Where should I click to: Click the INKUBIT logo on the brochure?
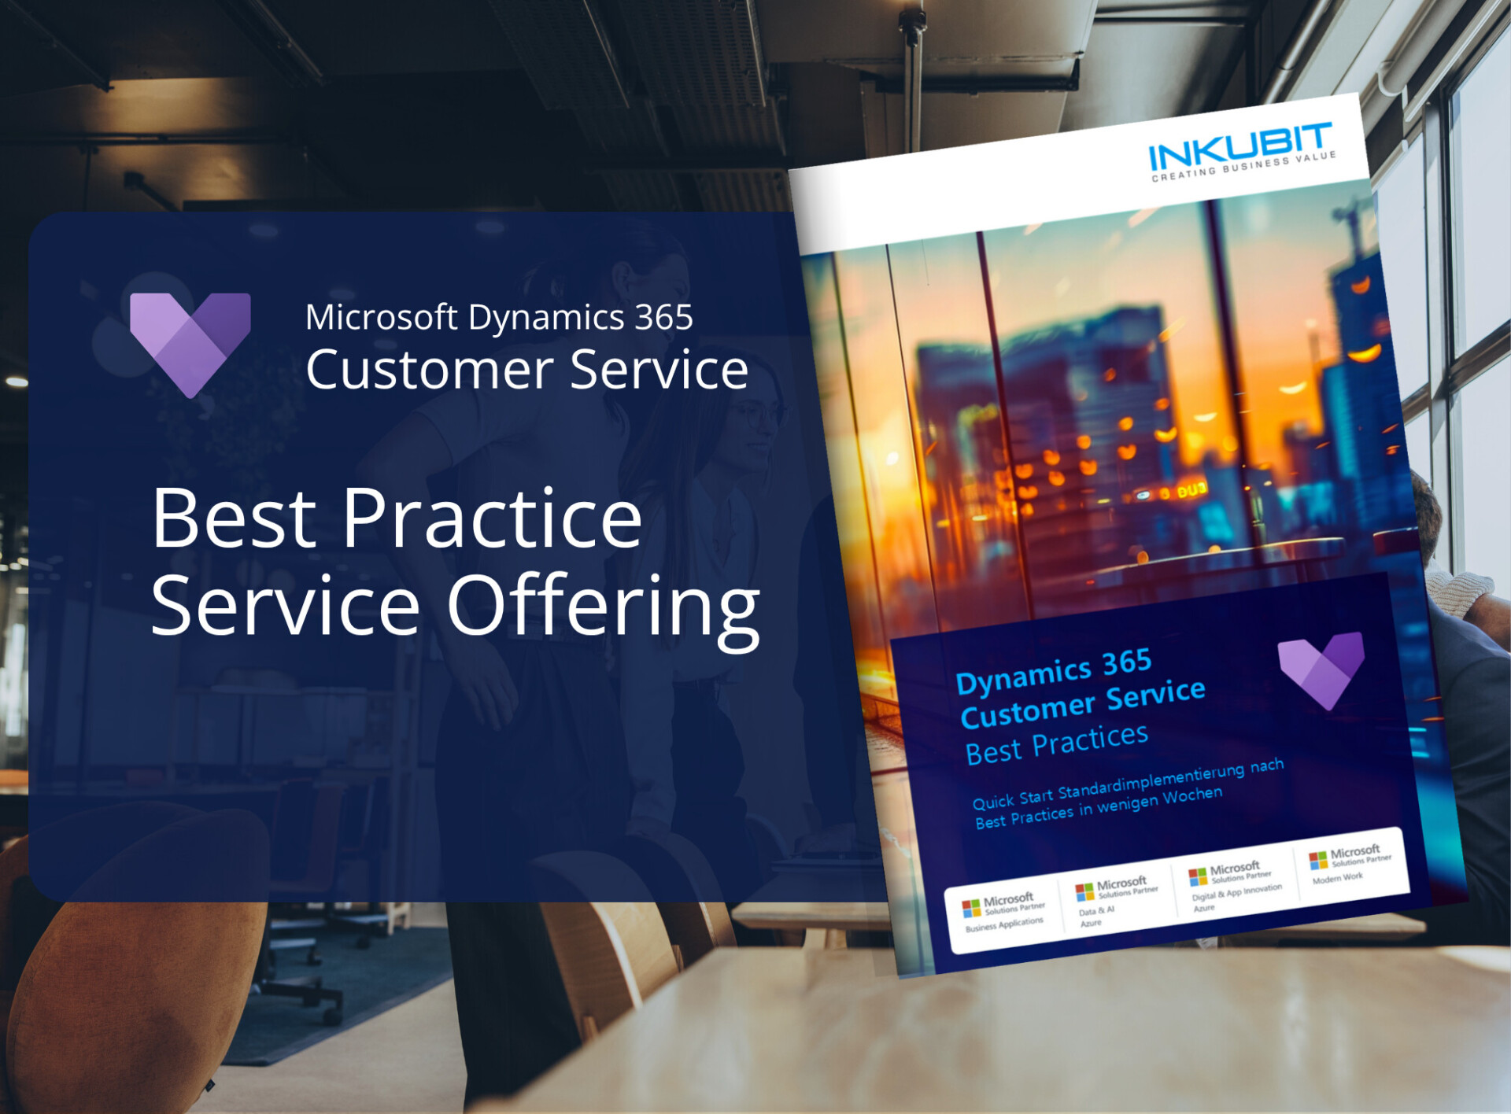pos(1240,147)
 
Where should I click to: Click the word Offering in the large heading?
pos(603,607)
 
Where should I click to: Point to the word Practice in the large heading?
pos(492,519)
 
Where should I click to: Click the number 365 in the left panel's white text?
pos(663,317)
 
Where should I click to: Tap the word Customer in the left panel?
pos(430,370)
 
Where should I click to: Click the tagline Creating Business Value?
pos(1243,167)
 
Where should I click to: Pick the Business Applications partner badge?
pos(1004,913)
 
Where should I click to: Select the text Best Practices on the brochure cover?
pos(1057,743)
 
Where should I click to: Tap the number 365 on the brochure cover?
pos(1127,663)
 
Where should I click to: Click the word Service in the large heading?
pos(285,607)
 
